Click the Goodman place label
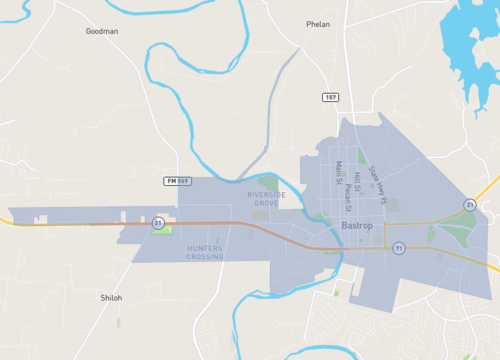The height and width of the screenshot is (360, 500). coord(102,31)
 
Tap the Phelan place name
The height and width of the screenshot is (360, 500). coord(318,24)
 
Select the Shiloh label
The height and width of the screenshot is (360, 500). coord(111,297)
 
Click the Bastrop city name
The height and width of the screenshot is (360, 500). coord(356,226)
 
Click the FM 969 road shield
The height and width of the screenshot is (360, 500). coord(176,180)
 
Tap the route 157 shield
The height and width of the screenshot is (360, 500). coord(330,96)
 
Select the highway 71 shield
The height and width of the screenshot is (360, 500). coord(398,249)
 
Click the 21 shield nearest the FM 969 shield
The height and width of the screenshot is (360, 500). coord(157,224)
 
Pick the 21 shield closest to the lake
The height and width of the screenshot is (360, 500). coord(469,205)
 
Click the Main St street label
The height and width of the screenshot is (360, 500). coord(339,174)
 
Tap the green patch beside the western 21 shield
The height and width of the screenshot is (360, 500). coord(164,231)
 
